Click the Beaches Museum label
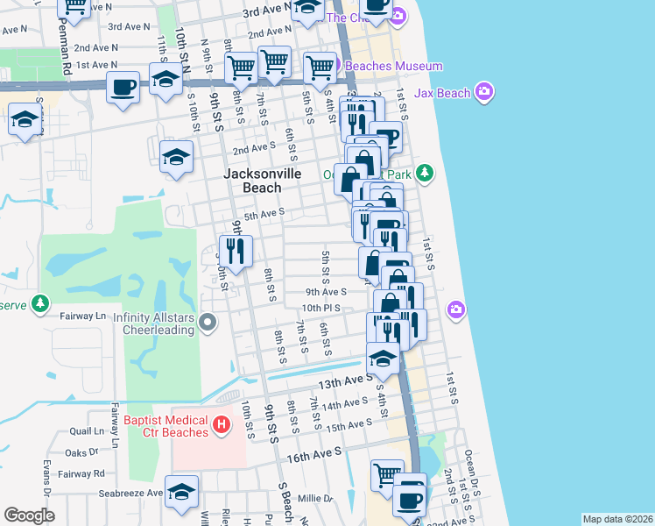coord(394,66)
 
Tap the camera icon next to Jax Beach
coord(485,92)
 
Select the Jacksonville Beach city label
coord(262,181)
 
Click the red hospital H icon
coord(222,425)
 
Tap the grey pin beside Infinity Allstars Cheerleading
coord(208,323)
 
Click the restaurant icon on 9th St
coord(235,252)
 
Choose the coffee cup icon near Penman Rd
coord(123,88)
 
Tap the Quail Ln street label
coord(87,431)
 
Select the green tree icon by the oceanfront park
coord(425,172)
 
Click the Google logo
coord(29,515)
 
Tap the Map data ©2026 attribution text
coord(617,519)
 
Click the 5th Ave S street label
coord(264,214)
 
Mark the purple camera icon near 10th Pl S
coord(455,309)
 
